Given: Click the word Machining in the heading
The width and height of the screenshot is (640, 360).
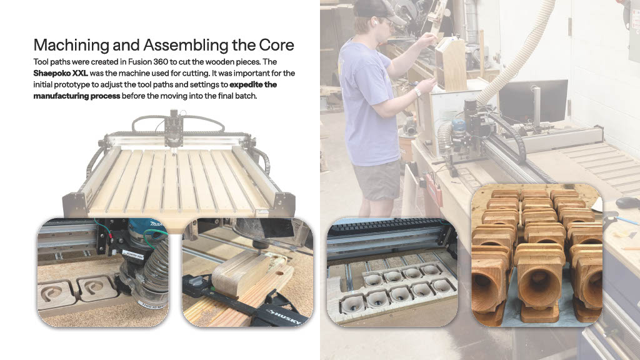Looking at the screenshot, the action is click(x=71, y=45).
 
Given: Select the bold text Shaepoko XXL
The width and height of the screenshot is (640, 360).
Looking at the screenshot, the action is click(x=61, y=74).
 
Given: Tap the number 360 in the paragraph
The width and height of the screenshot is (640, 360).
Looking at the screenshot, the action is click(x=161, y=62).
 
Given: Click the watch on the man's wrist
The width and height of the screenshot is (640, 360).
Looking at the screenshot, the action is click(x=417, y=92).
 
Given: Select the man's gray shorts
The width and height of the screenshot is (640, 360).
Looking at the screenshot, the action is click(x=377, y=181).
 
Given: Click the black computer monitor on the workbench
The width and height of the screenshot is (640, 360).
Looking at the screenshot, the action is click(x=532, y=102).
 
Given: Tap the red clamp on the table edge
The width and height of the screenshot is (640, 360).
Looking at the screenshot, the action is click(x=434, y=188).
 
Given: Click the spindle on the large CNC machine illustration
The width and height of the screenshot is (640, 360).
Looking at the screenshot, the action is click(x=174, y=130).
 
